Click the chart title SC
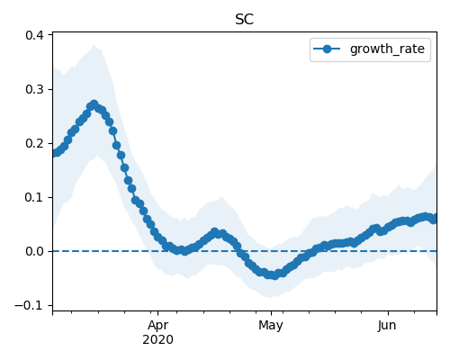point(245,20)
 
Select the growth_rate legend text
point(387,49)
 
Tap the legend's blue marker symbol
point(327,49)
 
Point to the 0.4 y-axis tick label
point(34,35)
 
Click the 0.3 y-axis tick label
point(34,89)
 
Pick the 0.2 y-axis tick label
point(34,143)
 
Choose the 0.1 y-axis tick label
point(34,197)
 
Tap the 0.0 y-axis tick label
point(34,251)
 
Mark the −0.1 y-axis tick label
point(29,305)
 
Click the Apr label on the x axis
point(157,325)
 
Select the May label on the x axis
point(271,326)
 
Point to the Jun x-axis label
point(387,326)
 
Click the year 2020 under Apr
point(157,339)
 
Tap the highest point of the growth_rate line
point(94,104)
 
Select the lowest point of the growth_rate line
point(274,275)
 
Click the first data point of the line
point(55,153)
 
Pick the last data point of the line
point(434,220)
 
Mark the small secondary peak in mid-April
point(215,231)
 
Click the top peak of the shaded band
point(94,45)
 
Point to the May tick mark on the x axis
point(271,313)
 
